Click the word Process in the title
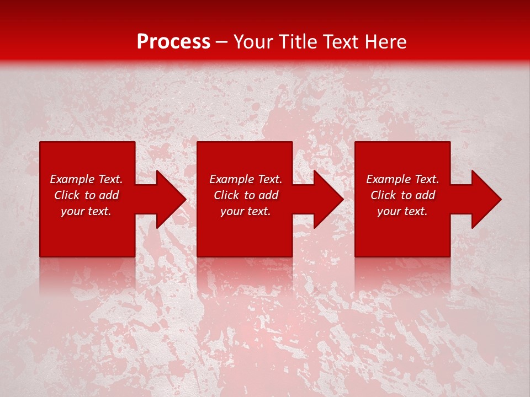(x=173, y=42)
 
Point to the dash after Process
(x=221, y=42)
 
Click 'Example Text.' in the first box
(x=86, y=179)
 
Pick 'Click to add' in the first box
(x=86, y=195)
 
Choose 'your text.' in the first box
(x=86, y=211)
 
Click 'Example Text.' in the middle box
(x=246, y=179)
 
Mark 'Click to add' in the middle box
(x=246, y=195)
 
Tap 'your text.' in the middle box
(x=246, y=211)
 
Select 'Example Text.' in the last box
(x=402, y=179)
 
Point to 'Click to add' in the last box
(x=402, y=195)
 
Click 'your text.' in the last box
(x=402, y=211)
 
